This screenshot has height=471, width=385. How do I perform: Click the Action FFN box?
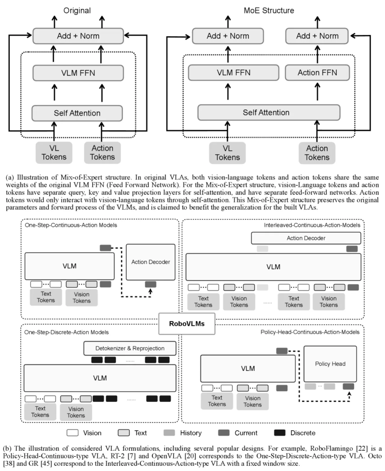pos(317,73)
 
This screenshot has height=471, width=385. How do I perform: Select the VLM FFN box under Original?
pos(78,73)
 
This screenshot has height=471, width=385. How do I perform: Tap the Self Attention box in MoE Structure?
pos(269,113)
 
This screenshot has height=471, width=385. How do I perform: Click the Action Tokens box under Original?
pos(102,153)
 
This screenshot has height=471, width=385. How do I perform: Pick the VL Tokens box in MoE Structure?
pos(227,153)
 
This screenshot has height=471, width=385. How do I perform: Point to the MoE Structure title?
pos(269,11)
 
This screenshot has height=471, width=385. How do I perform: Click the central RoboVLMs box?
pos(187,324)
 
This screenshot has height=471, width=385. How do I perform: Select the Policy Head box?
pos(330,364)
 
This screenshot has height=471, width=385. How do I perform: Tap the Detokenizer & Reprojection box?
pos(130,348)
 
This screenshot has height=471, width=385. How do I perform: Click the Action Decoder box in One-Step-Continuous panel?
pos(151,262)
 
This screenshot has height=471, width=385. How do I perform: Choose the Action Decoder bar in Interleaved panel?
pos(306,238)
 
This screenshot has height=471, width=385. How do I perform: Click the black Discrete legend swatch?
pos(280,433)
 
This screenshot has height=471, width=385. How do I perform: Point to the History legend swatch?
pos(169,433)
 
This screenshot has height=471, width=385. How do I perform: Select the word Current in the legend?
pos(246,433)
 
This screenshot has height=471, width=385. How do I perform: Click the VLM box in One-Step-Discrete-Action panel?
pos(100,378)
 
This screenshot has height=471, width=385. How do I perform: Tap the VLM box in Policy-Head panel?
pos(248,369)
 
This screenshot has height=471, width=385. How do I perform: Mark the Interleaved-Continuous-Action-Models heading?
pos(312,225)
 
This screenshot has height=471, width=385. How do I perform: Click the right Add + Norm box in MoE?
pos(317,36)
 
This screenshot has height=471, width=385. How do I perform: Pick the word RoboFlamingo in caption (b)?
pos(331,448)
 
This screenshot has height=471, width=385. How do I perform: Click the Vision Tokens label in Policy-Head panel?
pos(252,401)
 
